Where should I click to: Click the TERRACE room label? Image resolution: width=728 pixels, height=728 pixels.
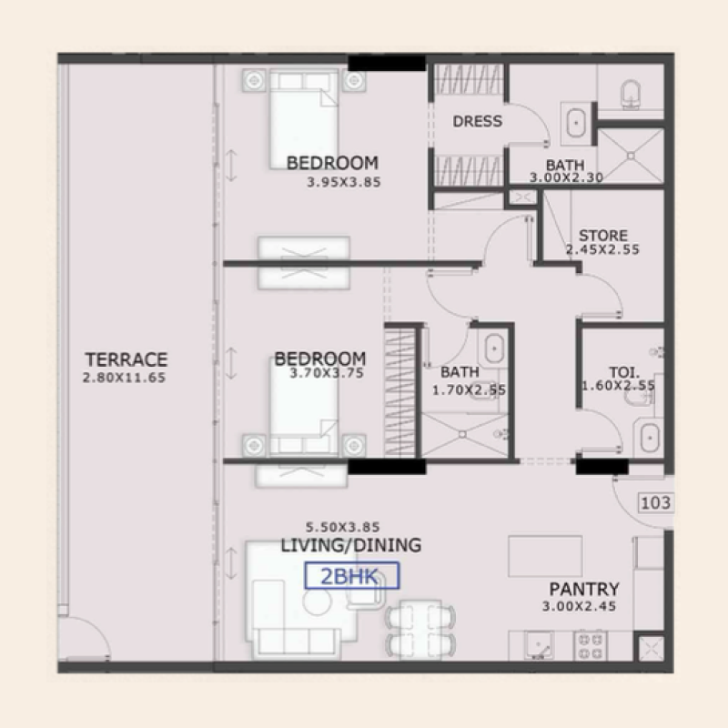[126, 359]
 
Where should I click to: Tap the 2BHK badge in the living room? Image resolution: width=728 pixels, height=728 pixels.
[352, 575]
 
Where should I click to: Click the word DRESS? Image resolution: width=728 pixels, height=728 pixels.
[477, 121]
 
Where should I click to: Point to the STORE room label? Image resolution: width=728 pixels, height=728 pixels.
[603, 236]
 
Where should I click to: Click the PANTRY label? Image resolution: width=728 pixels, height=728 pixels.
[584, 590]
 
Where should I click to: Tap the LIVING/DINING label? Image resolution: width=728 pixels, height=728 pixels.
[350, 546]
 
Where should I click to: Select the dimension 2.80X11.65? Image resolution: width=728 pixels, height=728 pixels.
[124, 378]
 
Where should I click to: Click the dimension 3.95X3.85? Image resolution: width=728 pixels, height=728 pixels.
[344, 181]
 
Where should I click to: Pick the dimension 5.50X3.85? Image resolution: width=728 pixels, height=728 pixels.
[342, 527]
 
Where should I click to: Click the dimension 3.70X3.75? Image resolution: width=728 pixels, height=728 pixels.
[327, 372]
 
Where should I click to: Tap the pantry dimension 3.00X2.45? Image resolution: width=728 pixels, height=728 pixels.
[581, 607]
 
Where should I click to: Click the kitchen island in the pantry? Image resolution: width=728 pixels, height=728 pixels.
[545, 555]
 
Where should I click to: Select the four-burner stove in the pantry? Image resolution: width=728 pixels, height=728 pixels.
[590, 644]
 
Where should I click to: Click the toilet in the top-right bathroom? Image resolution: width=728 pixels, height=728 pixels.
[629, 92]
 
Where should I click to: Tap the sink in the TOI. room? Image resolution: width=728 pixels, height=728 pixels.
[648, 437]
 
